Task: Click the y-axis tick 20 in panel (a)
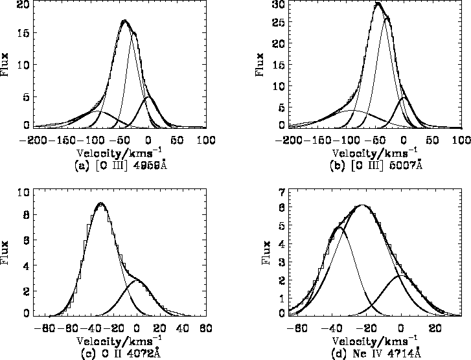[23, 5]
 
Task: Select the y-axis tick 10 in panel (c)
[23, 193]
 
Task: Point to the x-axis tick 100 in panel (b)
[461, 140]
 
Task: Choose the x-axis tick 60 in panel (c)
[205, 328]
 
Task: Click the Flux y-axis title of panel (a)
[6, 65]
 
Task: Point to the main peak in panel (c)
[100, 203]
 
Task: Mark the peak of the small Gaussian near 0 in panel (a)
[148, 96]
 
